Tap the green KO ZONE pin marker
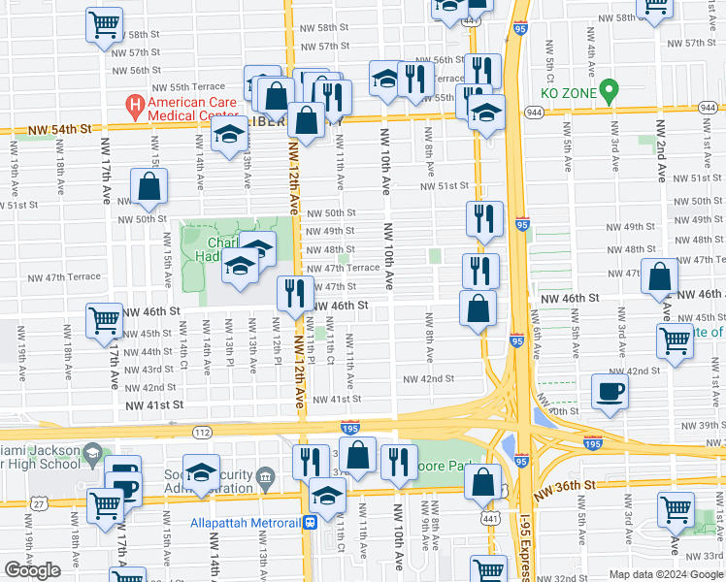[x=609, y=92]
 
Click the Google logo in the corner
[x=32, y=570]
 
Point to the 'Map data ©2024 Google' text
[x=665, y=574]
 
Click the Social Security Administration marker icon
[x=268, y=473]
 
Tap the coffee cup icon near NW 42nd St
[x=610, y=391]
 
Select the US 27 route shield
[x=37, y=501]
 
